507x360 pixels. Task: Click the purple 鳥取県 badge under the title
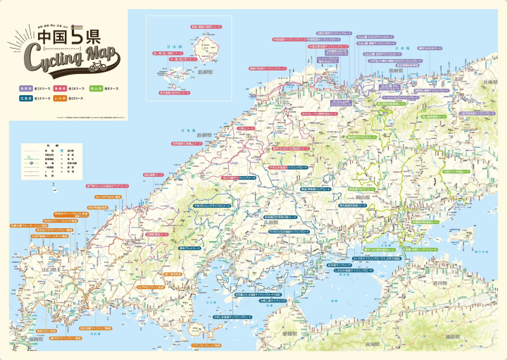click(x=25, y=88)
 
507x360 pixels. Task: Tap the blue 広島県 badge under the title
click(x=25, y=99)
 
